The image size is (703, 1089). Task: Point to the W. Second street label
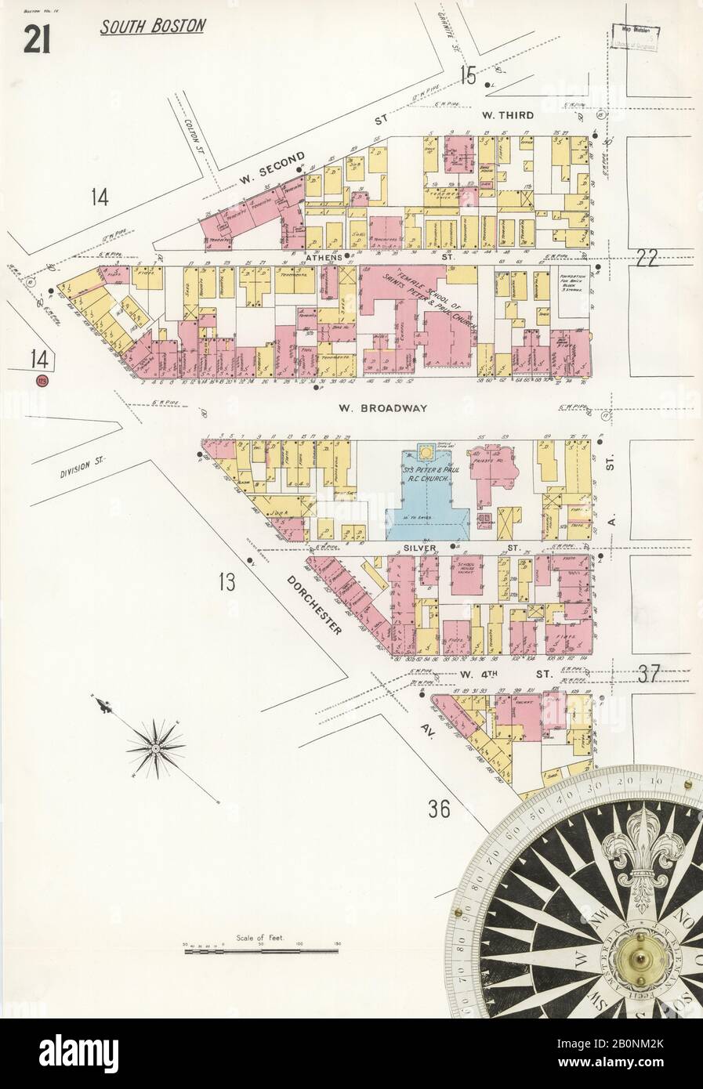(x=271, y=169)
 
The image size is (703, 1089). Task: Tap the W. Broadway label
(x=382, y=407)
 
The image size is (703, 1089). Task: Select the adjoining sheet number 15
(x=469, y=77)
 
